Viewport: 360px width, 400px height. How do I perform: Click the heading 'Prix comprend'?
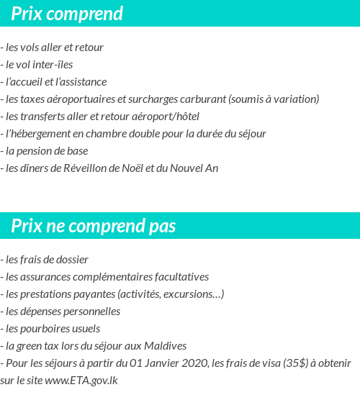click(x=67, y=14)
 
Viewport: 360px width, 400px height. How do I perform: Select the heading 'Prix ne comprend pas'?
click(x=93, y=227)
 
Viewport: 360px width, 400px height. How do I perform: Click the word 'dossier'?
click(x=71, y=260)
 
